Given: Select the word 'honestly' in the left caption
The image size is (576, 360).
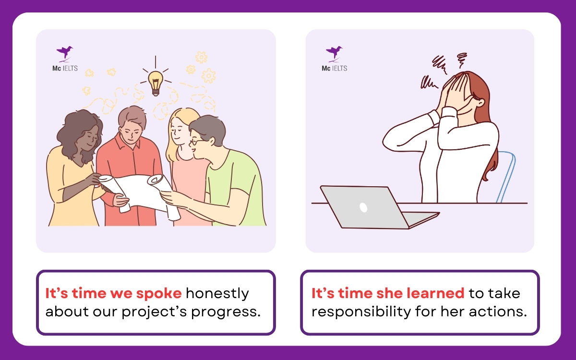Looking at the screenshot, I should pos(217,293).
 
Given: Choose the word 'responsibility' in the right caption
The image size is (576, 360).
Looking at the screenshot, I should pos(362,311).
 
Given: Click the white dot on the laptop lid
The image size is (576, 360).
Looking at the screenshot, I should pos(363,207).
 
